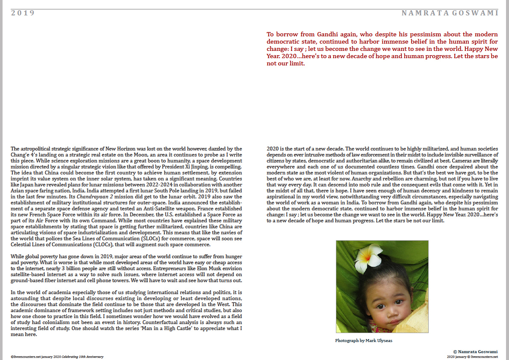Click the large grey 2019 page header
(23, 13)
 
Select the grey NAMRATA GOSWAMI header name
(450, 13)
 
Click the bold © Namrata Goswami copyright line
(475, 351)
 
